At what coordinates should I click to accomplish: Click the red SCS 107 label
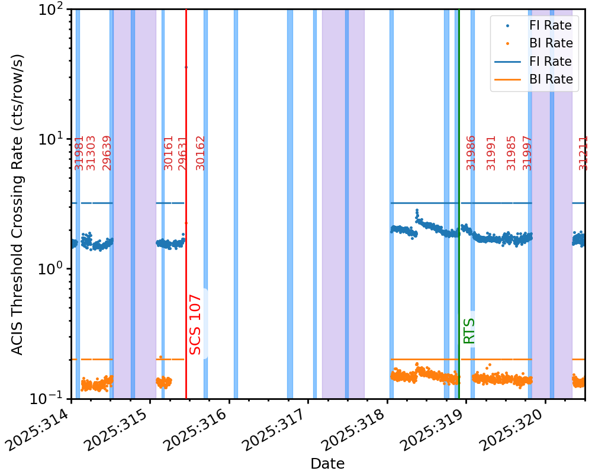[196, 325]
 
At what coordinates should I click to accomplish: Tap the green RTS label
[469, 331]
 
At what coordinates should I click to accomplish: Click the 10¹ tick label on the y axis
[52, 139]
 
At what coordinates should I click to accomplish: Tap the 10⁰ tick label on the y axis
[52, 268]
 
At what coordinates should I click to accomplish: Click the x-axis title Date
[327, 463]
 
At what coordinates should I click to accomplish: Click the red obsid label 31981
[79, 153]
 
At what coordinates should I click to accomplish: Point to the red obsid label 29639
[107, 153]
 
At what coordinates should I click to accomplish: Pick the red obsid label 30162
[201, 153]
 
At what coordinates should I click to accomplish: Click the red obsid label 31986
[471, 153]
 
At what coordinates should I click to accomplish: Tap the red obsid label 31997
[527, 153]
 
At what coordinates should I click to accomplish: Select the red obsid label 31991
[491, 153]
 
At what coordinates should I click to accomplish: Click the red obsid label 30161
[169, 153]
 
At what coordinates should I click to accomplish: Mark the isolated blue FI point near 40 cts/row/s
[186, 67]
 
